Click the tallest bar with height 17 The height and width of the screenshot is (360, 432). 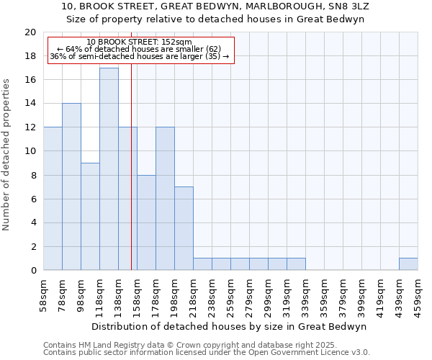click(x=109, y=169)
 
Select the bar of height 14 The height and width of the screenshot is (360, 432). click(x=71, y=187)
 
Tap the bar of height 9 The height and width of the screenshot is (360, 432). click(x=90, y=216)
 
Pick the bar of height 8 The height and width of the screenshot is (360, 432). click(x=146, y=222)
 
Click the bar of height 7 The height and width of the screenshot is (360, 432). click(x=184, y=228)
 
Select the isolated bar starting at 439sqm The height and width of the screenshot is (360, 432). click(x=408, y=264)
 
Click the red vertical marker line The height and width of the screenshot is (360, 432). click(x=131, y=180)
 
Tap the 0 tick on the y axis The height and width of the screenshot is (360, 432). click(x=32, y=271)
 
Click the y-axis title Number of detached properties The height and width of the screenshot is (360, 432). click(x=7, y=155)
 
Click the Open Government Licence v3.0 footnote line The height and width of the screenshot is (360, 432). click(x=207, y=353)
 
